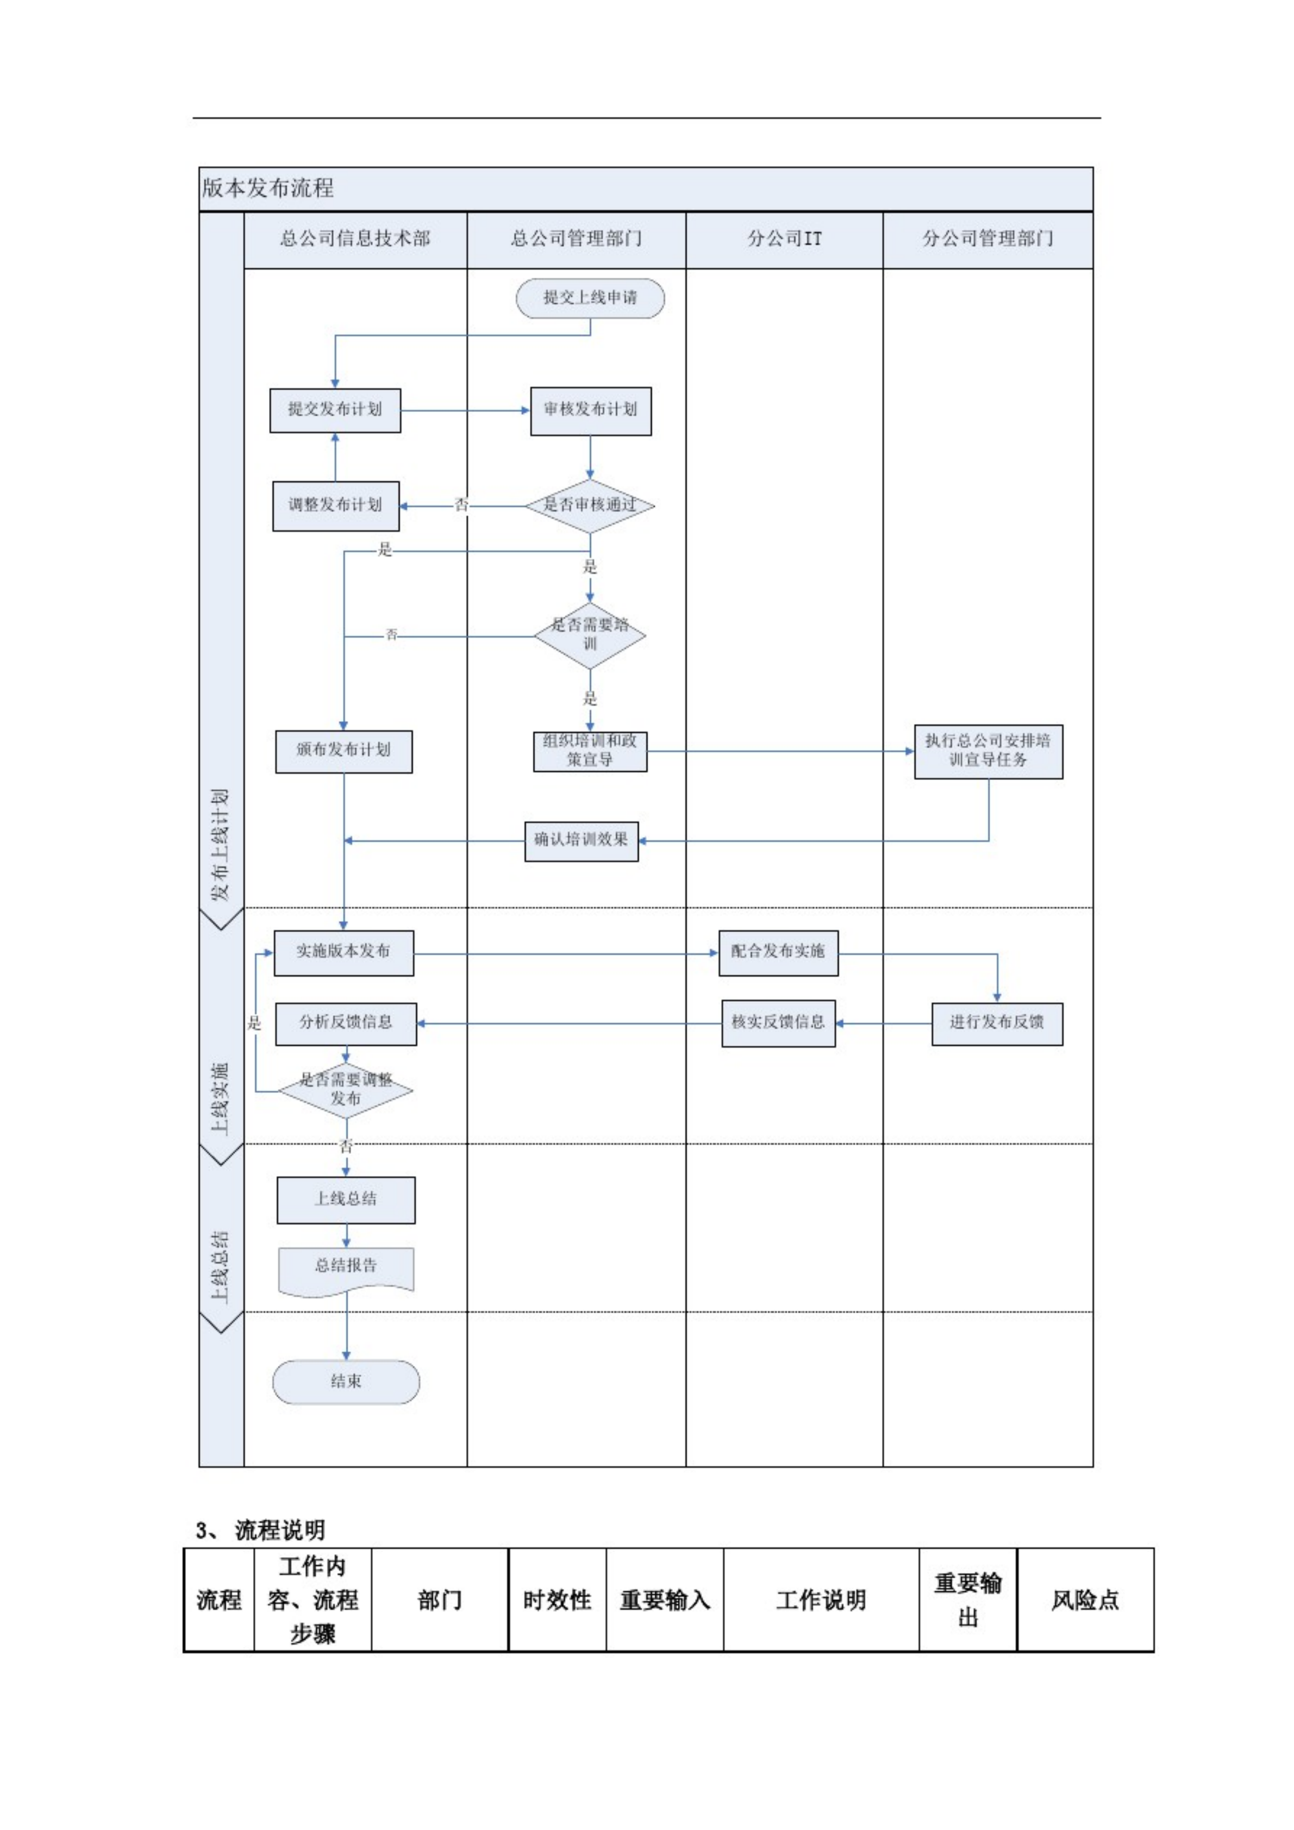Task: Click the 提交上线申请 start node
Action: click(590, 298)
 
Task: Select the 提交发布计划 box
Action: click(335, 410)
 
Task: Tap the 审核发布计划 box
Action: click(590, 410)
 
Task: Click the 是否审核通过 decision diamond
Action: click(590, 505)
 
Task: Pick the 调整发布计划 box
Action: click(335, 505)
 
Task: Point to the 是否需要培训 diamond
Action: click(590, 635)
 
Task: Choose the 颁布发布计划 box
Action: click(343, 751)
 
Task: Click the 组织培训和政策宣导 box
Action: click(590, 751)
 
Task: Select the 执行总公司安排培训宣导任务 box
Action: click(988, 751)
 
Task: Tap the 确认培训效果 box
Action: click(581, 841)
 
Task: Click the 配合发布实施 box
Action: click(778, 952)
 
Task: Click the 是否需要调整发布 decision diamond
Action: click(346, 1090)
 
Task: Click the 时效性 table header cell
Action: click(557, 1600)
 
